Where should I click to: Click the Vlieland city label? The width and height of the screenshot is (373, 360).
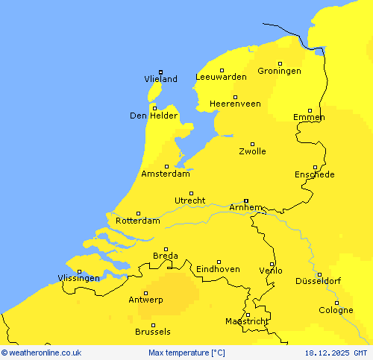(x=160, y=79)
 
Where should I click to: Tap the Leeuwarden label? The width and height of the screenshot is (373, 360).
(x=221, y=77)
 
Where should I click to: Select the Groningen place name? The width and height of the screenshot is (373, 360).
(x=279, y=71)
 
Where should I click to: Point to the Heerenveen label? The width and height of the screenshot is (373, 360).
(x=235, y=104)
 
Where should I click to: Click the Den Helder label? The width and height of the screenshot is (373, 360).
(x=154, y=116)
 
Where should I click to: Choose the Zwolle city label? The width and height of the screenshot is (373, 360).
(x=252, y=151)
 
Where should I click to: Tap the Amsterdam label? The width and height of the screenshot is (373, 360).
(x=166, y=174)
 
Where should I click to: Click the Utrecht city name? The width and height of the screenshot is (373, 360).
(x=189, y=200)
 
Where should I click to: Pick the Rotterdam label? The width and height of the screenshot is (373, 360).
(x=138, y=221)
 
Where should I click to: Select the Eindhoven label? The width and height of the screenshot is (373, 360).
(x=218, y=269)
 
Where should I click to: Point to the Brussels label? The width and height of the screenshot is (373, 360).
(x=153, y=332)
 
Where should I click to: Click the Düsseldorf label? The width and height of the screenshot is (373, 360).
(x=318, y=281)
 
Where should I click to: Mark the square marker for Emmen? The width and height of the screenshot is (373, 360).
(x=310, y=110)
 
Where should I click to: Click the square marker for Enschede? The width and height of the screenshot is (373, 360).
(x=315, y=167)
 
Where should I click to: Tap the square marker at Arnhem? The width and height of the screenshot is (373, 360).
(x=245, y=200)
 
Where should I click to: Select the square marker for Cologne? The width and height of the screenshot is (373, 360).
(x=336, y=302)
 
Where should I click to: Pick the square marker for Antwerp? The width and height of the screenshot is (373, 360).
(x=145, y=293)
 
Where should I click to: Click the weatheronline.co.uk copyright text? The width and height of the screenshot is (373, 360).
(x=41, y=353)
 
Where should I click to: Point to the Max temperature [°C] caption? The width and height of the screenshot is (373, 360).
(x=186, y=353)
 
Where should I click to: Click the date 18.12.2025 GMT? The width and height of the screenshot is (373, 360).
(x=336, y=353)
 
